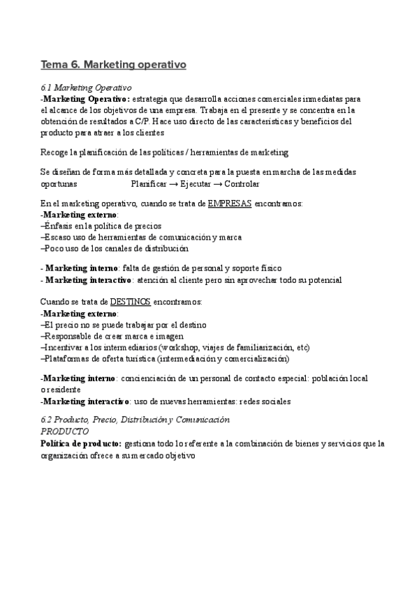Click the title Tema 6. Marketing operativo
click(113, 66)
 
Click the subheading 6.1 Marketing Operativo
click(87, 88)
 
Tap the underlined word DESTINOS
click(131, 302)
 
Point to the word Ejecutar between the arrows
click(198, 185)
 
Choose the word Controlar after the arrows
click(241, 185)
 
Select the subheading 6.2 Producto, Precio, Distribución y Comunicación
click(135, 420)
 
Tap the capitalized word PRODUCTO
click(65, 431)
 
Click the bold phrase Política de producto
click(81, 443)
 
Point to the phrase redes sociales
click(265, 401)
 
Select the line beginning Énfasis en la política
click(102, 226)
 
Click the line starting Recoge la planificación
click(165, 152)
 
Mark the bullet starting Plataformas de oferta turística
click(164, 358)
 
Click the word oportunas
click(59, 185)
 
